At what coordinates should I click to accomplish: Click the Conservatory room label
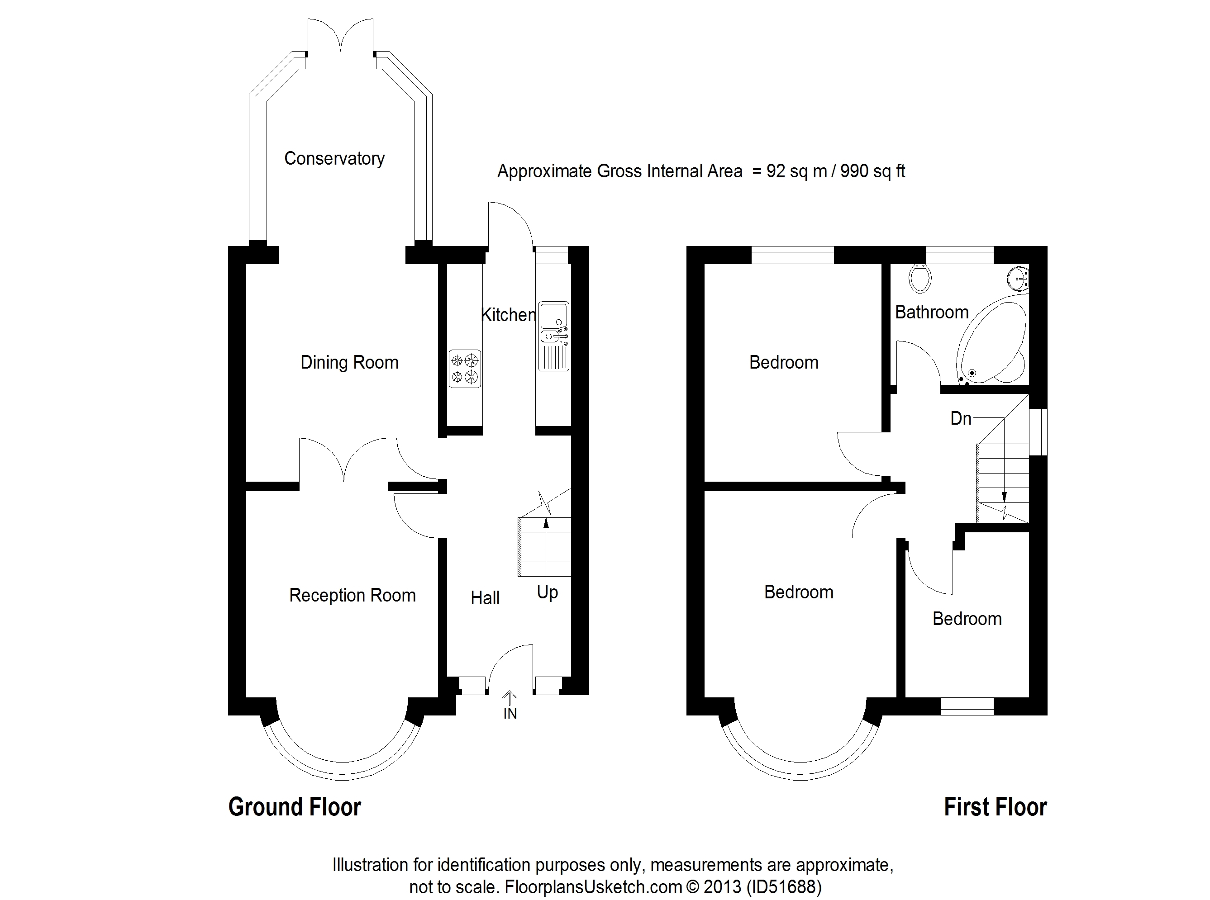pyautogui.click(x=334, y=159)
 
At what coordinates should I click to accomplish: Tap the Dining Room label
pyautogui.click(x=349, y=362)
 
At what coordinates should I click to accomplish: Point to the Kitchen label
pyautogui.click(x=508, y=314)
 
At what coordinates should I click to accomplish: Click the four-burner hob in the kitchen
pyautogui.click(x=465, y=369)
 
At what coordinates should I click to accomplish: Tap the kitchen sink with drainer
pyautogui.click(x=554, y=336)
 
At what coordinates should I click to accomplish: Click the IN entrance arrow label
pyautogui.click(x=510, y=713)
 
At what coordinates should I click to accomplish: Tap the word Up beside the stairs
pyautogui.click(x=547, y=592)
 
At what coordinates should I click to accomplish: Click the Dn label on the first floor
pyautogui.click(x=960, y=418)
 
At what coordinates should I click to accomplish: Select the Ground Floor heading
pyautogui.click(x=294, y=807)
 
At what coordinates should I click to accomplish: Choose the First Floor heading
pyautogui.click(x=995, y=807)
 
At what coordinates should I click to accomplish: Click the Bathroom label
pyautogui.click(x=931, y=312)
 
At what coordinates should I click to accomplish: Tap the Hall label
pyautogui.click(x=485, y=598)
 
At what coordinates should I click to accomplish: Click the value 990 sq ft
pyautogui.click(x=872, y=171)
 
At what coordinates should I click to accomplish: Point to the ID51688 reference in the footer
pyautogui.click(x=783, y=886)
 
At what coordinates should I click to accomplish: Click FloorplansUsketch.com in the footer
pyautogui.click(x=593, y=886)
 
